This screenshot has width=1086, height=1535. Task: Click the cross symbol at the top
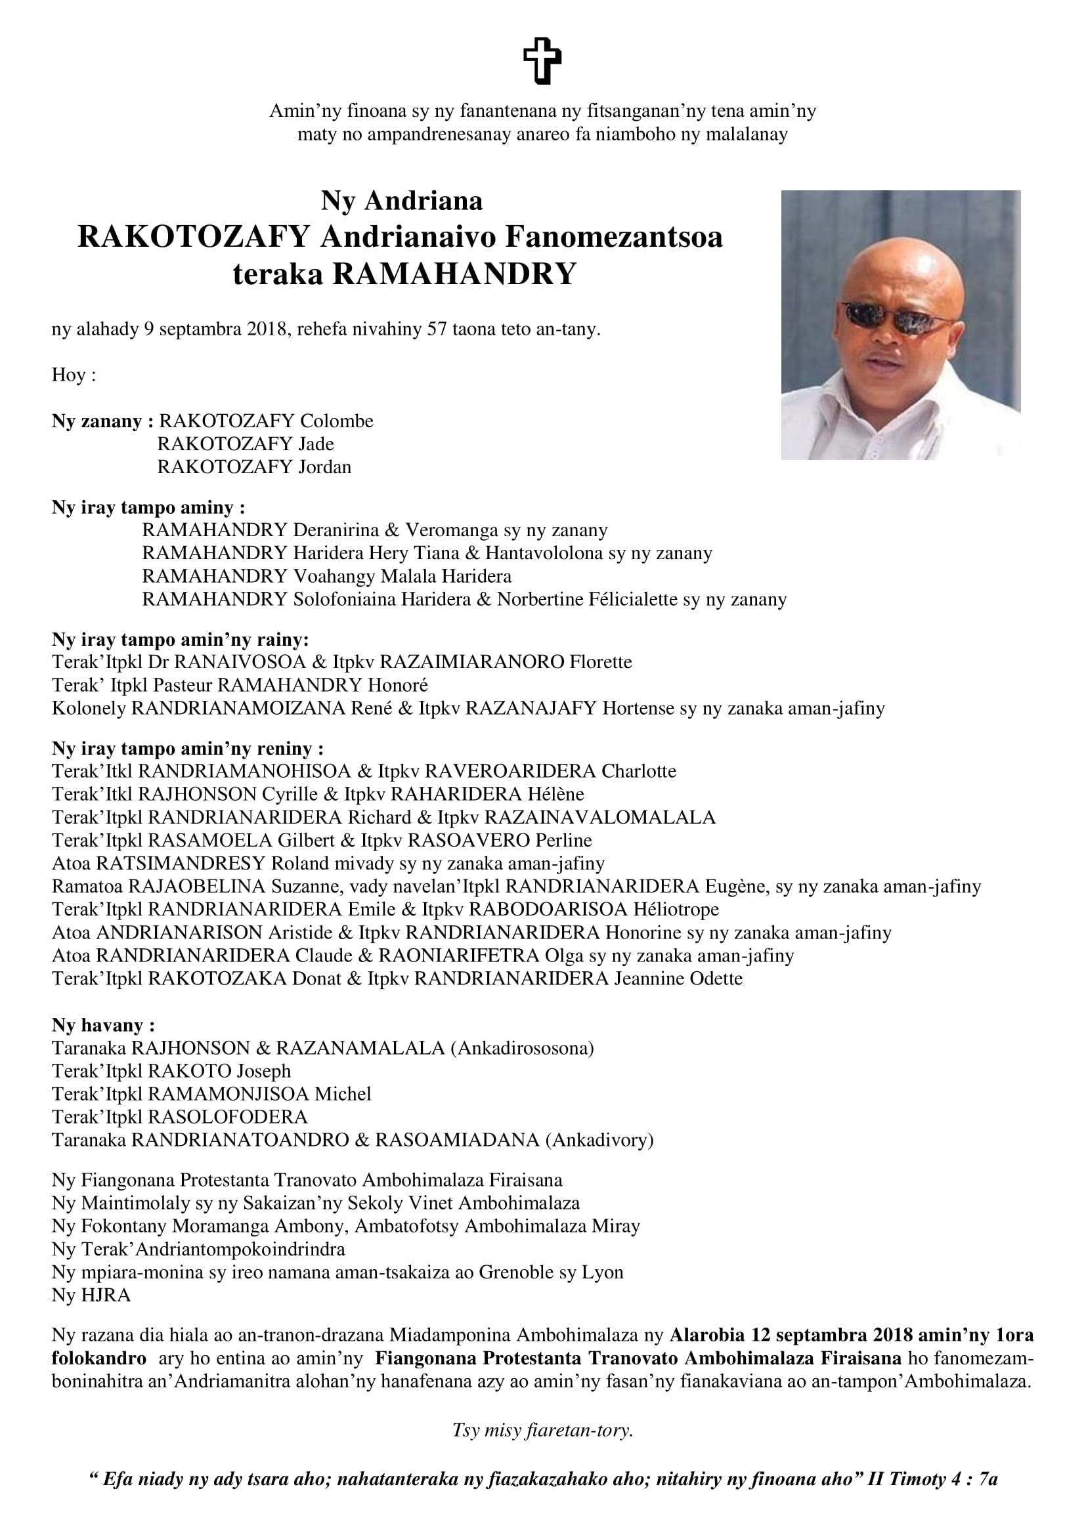point(542,61)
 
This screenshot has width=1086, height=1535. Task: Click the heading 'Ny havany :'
point(104,1025)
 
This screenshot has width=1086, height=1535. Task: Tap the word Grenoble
point(515,1272)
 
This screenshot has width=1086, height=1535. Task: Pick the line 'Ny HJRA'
point(91,1295)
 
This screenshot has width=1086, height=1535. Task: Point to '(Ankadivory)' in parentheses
point(599,1139)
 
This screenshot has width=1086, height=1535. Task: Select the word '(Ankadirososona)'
point(522,1047)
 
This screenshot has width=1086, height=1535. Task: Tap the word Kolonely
point(88,708)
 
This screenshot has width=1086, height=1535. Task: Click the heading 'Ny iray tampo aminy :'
point(148,507)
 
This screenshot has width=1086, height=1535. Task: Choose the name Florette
point(601,662)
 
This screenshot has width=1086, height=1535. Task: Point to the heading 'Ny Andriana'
point(401,201)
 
